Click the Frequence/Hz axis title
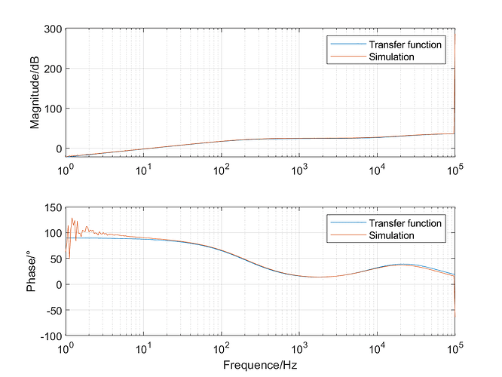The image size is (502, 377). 260,365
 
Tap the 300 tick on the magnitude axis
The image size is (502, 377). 53,29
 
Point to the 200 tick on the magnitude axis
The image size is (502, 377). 53,69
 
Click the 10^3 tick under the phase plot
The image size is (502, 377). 299,347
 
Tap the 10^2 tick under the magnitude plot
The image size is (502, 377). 221,170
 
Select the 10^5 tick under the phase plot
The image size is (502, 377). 455,347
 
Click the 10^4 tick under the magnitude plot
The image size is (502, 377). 377,170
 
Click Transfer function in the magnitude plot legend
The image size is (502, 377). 405,44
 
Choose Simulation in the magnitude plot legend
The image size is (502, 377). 391,57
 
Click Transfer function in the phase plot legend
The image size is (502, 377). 405,223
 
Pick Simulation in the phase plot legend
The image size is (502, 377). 391,235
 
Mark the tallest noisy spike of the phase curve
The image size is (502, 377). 72,219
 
